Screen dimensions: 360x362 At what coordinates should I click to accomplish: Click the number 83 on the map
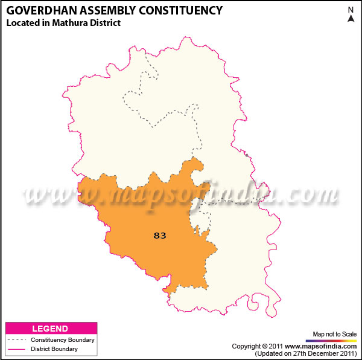pyautogui.click(x=160, y=236)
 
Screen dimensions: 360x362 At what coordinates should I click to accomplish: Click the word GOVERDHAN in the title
pyautogui.click(x=36, y=11)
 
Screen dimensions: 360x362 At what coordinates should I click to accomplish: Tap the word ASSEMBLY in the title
pyautogui.click(x=101, y=11)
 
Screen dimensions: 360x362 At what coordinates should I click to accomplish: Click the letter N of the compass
pyautogui.click(x=351, y=10)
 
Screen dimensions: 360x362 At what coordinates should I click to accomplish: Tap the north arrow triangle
pyautogui.click(x=351, y=18)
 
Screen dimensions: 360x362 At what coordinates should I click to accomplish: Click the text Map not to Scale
pyautogui.click(x=335, y=334)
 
